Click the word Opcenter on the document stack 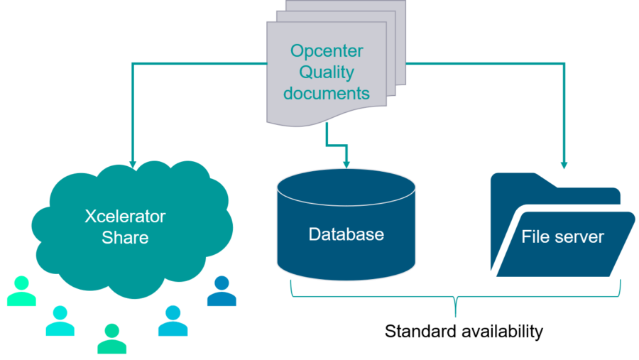pos(327,51)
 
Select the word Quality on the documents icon pos(327,72)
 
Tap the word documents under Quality pos(327,93)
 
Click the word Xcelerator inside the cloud pos(125,217)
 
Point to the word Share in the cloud pos(125,237)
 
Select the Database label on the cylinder pos(346,234)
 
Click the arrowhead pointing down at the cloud pos(133,163)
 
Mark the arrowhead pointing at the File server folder pos(564,165)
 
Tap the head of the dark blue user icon pos(222,283)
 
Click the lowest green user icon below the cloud pos(111,339)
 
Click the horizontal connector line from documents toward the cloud pos(199,64)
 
